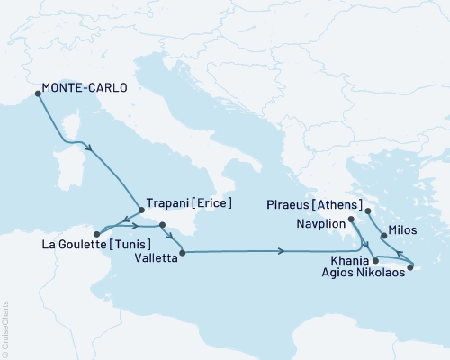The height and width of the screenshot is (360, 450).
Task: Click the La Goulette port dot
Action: click(x=96, y=233)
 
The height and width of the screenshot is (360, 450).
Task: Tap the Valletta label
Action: click(x=150, y=255)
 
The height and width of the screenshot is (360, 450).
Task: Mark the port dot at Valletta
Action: click(x=183, y=254)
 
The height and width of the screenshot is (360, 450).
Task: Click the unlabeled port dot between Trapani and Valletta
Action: click(x=163, y=225)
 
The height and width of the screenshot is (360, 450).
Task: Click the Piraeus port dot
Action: click(x=370, y=212)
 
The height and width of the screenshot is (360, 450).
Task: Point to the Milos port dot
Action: click(x=384, y=236)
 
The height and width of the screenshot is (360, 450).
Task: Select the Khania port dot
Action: click(x=375, y=260)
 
